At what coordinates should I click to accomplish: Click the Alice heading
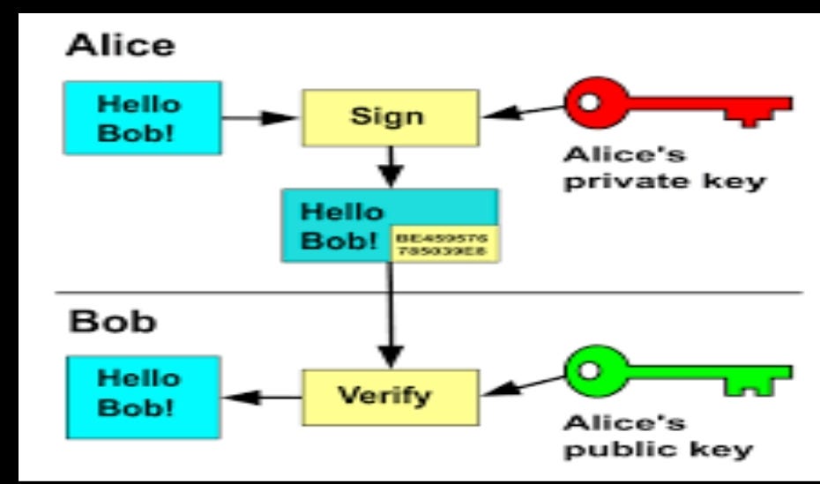click(x=107, y=47)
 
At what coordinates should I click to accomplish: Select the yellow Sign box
click(x=388, y=116)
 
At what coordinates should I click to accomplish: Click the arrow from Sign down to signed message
click(x=389, y=166)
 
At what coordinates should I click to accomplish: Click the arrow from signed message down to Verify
click(x=389, y=317)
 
